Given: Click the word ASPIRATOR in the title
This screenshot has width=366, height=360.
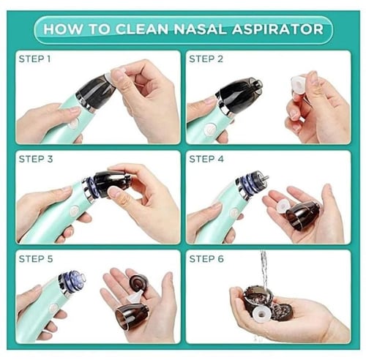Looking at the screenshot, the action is (x=277, y=29).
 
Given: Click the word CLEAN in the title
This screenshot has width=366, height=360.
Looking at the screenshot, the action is (x=142, y=29).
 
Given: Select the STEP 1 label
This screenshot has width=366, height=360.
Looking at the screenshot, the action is (x=34, y=59).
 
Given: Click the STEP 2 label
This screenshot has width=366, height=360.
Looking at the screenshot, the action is (x=206, y=59).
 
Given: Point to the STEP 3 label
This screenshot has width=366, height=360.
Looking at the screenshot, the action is (x=36, y=159).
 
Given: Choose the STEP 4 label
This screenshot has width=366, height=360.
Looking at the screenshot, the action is (x=206, y=159).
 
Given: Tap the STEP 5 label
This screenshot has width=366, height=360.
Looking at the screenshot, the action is (x=36, y=259).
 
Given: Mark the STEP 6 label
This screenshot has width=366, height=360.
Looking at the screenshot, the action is (x=206, y=259).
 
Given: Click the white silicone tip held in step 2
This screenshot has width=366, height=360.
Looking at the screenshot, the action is (x=301, y=85).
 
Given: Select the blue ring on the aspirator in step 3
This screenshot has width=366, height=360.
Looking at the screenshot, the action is (x=91, y=186).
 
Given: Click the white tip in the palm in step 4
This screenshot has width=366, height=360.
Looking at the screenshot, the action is (x=283, y=206).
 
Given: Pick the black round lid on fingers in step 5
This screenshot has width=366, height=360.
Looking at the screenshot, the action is (x=139, y=283).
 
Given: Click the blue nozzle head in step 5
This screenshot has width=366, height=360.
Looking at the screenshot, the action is (x=72, y=280).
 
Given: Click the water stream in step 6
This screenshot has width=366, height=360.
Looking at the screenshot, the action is (x=264, y=270).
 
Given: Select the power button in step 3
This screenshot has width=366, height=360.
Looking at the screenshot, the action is (x=74, y=211).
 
